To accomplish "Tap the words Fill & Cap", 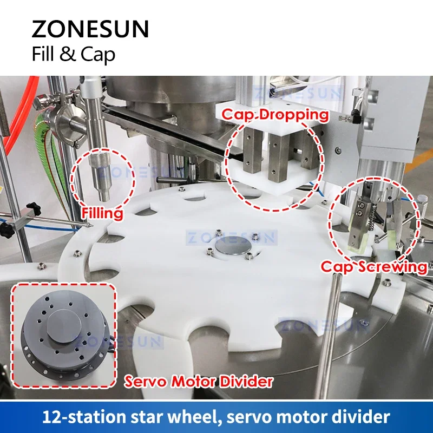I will pos(74,55).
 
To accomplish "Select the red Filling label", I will pos(102,213).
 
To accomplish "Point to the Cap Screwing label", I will pos(374,266).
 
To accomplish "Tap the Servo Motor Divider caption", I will pos(199,382).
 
